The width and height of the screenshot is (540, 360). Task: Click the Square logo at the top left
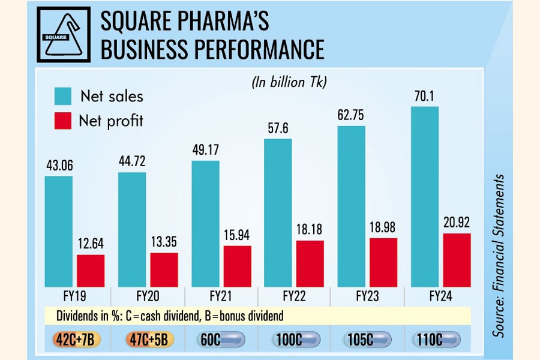click(x=63, y=34)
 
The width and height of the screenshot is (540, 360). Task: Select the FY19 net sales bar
click(x=59, y=231)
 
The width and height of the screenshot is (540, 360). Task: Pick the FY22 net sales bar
click(x=277, y=213)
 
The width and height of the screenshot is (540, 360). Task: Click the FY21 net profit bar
click(x=237, y=266)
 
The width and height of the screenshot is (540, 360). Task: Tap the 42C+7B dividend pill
click(x=74, y=340)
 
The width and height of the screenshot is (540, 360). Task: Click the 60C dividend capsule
click(x=220, y=340)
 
